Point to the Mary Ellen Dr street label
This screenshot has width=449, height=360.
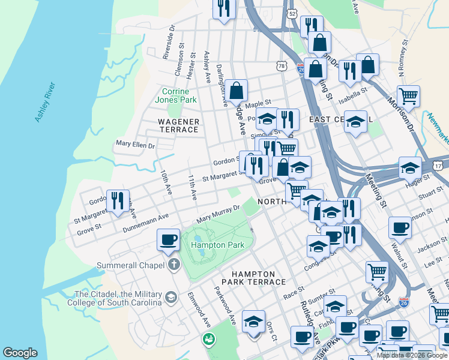(x=135, y=145)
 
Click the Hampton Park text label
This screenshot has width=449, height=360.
(x=217, y=245)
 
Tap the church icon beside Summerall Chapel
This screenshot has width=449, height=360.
(x=173, y=265)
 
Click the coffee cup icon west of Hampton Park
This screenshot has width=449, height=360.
(x=168, y=240)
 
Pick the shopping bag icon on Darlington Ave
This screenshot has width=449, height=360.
(x=237, y=91)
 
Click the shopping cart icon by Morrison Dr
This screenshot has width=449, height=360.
(x=408, y=95)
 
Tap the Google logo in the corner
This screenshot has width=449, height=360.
(x=20, y=353)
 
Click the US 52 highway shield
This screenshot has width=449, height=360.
(x=292, y=13)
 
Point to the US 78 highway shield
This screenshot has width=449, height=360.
(x=281, y=65)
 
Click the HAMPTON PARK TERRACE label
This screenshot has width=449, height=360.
(x=249, y=278)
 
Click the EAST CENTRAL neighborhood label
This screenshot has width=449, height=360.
(x=341, y=120)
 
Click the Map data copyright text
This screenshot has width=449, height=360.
(x=411, y=355)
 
